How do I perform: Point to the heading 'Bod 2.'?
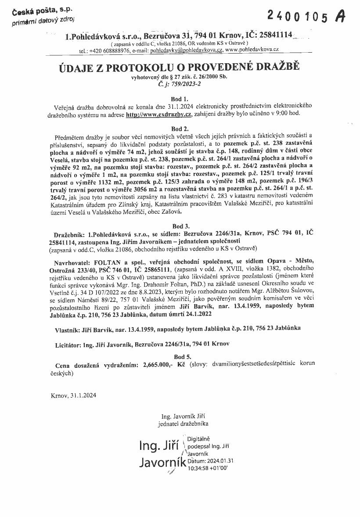point(179,129)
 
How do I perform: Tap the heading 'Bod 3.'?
point(179,226)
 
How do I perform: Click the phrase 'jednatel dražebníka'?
point(184,424)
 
